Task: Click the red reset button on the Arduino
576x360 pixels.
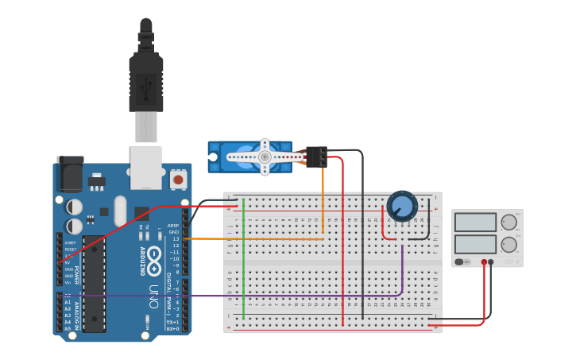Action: (x=178, y=180)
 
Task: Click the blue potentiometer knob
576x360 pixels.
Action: (x=402, y=206)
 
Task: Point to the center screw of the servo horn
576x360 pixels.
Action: (x=265, y=157)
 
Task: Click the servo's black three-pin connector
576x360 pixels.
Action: (x=316, y=157)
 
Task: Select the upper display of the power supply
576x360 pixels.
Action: (x=474, y=222)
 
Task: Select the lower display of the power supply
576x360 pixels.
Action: (x=474, y=243)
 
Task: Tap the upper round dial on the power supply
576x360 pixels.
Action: (x=508, y=223)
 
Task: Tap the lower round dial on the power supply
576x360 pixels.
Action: (x=508, y=244)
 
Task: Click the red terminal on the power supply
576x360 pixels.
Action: (x=484, y=261)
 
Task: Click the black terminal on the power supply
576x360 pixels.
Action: (x=491, y=261)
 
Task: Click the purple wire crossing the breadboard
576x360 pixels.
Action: (x=238, y=296)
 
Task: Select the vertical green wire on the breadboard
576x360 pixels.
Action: (x=243, y=262)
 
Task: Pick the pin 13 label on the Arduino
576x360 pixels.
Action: (x=176, y=238)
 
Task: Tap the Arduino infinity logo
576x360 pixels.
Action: (x=153, y=255)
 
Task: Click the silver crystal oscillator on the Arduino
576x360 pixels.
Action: (x=120, y=211)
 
